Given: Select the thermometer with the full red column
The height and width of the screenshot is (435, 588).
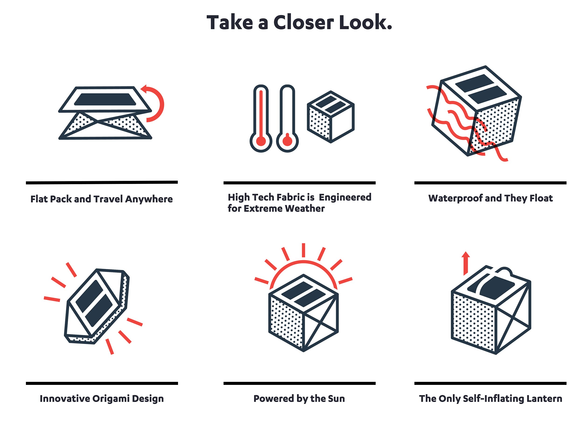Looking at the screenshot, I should pyautogui.click(x=261, y=118).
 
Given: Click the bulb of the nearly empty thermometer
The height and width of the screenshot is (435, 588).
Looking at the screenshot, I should pyautogui.click(x=287, y=142).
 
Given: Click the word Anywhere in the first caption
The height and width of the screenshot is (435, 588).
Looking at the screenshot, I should pyautogui.click(x=149, y=199).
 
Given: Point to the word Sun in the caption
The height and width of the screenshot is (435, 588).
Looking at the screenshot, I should pyautogui.click(x=336, y=399).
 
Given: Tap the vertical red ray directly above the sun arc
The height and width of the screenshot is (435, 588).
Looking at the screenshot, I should pyautogui.click(x=303, y=250).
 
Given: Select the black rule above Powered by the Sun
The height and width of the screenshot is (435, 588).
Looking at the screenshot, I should pyautogui.click(x=299, y=383).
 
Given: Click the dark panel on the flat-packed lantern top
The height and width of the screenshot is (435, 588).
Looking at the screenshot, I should pyautogui.click(x=105, y=99).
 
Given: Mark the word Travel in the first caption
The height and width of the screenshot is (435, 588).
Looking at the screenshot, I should pyautogui.click(x=108, y=199).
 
